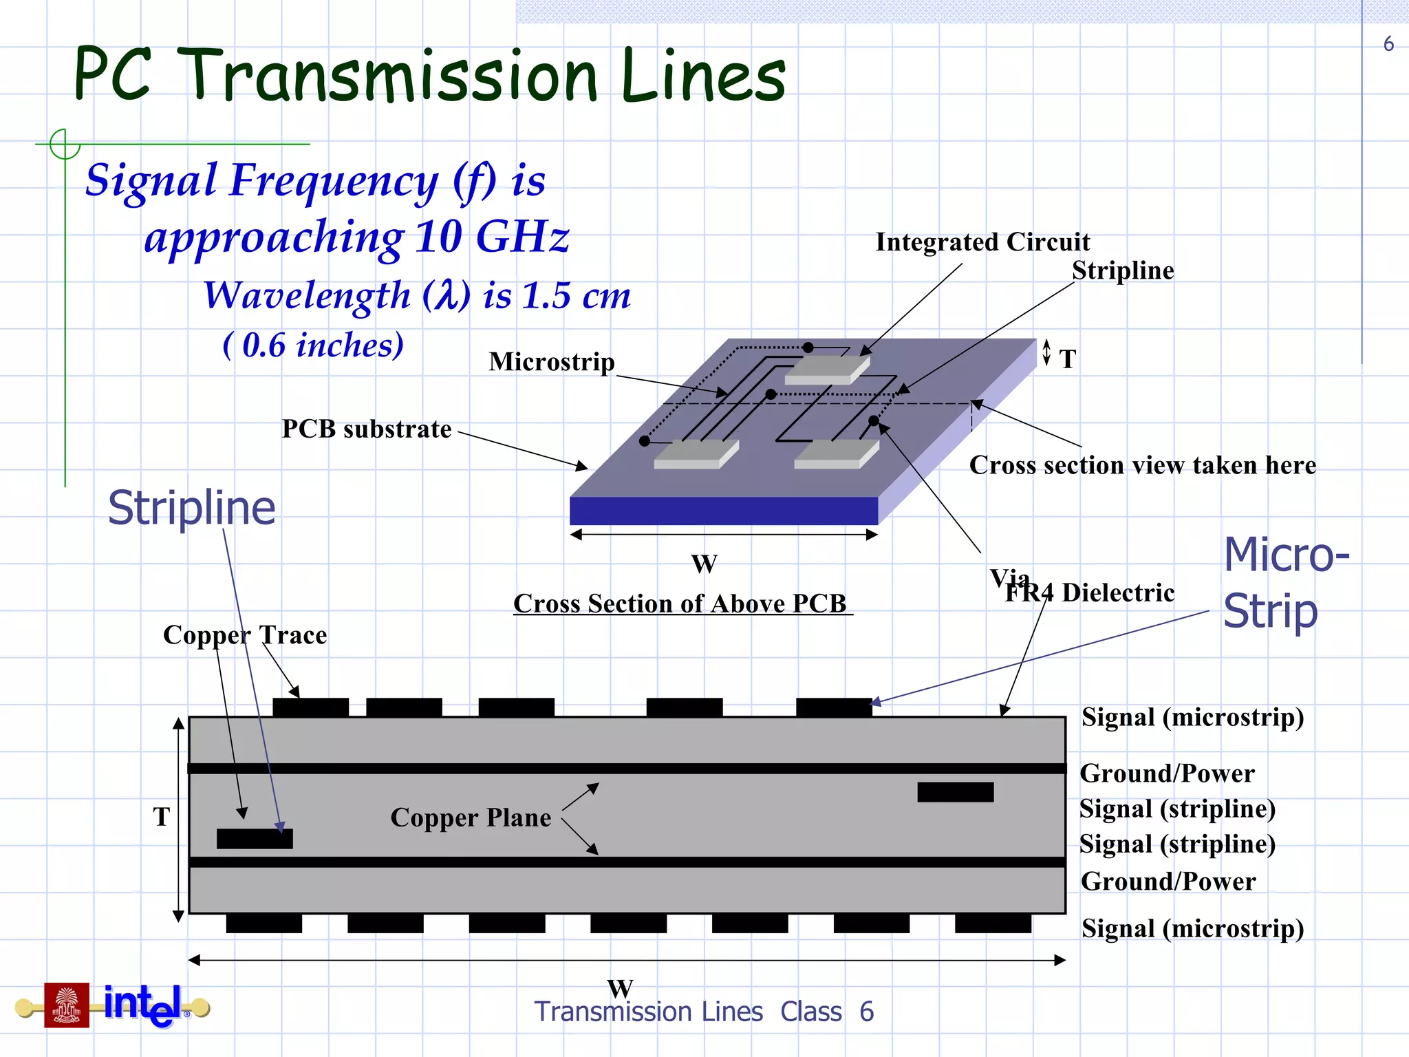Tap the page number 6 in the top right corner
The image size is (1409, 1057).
[1388, 45]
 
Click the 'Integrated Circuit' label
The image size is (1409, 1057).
[982, 242]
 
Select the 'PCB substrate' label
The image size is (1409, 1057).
[367, 429]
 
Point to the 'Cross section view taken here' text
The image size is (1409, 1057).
[1142, 466]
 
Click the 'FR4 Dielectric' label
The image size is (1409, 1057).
[1090, 593]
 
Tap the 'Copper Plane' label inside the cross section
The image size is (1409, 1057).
[471, 818]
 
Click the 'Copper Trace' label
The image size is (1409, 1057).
[245, 635]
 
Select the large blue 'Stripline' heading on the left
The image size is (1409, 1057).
[191, 508]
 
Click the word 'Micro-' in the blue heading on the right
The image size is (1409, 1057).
[1286, 555]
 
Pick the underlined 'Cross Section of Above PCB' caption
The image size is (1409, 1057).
[681, 604]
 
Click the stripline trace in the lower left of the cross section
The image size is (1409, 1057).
[255, 838]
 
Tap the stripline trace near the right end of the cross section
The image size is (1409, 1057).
[955, 792]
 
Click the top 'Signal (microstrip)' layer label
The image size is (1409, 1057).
[1192, 718]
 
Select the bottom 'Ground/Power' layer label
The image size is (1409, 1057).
[1168, 882]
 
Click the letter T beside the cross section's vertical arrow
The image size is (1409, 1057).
[162, 818]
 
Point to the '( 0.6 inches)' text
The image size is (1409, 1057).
[313, 345]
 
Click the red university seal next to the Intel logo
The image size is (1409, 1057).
[67, 1005]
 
